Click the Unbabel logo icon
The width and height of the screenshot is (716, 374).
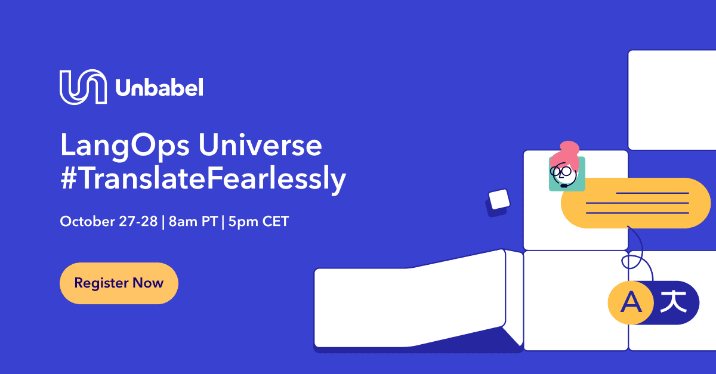point(83,87)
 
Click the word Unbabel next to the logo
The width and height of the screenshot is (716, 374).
point(159,88)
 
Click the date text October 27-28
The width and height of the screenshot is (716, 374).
point(108,222)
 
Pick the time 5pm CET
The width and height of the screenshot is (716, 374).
point(257,222)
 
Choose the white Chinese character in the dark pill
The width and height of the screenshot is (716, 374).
point(673,301)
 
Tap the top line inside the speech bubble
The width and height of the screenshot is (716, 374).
point(652,193)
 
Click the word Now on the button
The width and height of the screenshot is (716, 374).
point(148,283)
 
